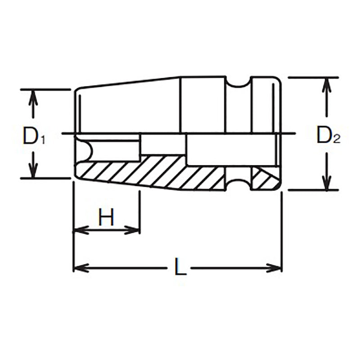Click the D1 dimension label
tap(33, 136)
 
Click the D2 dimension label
tap(328, 135)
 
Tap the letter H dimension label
tap(106, 218)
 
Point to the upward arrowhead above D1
tap(31, 96)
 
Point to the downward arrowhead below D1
tap(31, 171)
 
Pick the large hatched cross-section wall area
tap(148, 171)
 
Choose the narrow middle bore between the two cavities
tap(163, 144)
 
